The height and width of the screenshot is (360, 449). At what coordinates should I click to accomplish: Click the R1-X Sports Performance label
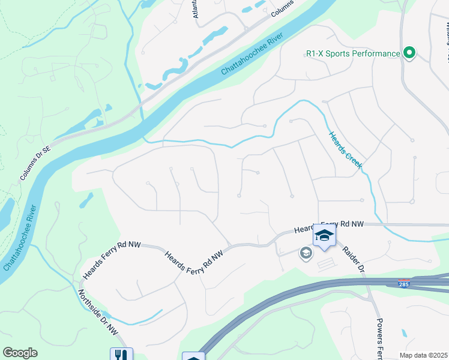tap(353, 53)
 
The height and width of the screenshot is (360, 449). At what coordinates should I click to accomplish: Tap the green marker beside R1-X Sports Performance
tap(409, 53)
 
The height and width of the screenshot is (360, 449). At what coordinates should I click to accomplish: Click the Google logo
tap(20, 353)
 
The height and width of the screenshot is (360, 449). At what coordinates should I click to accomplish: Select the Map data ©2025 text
tap(424, 355)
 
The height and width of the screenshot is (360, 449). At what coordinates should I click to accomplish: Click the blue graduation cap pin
tap(324, 236)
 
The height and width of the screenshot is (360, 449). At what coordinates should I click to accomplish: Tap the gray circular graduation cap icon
tap(306, 254)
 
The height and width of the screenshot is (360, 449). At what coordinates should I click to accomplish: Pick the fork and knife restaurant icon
tap(121, 355)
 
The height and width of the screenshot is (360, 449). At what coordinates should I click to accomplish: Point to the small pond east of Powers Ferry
tap(404, 332)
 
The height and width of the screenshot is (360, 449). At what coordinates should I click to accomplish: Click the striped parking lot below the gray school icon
tap(326, 263)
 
